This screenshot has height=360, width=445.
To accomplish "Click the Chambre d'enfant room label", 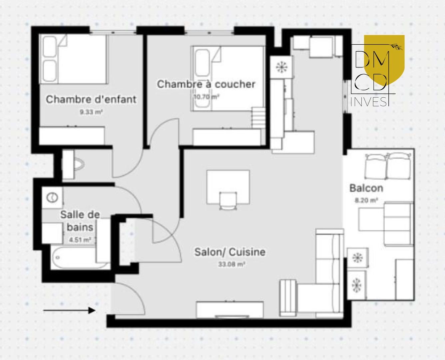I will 91,99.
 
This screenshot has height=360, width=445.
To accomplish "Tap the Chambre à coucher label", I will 206,84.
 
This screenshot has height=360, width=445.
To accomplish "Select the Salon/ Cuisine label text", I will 230,252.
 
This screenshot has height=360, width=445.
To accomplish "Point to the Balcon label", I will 366,188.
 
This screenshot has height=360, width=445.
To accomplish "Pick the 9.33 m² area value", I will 91,112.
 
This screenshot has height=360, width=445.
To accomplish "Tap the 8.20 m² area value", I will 366,200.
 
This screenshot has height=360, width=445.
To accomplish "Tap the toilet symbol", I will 79,164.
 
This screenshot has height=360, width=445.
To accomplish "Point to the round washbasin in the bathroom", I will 52,198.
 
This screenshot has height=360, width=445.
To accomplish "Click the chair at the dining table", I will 228,201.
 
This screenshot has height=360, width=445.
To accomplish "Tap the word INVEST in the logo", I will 370,102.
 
